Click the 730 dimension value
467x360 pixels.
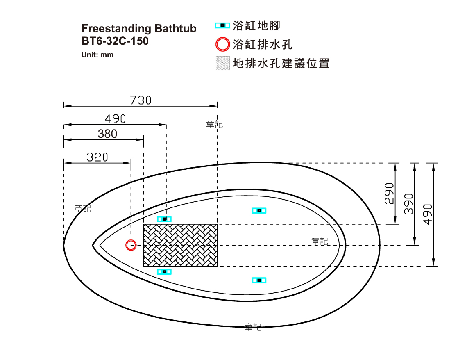click(141, 100)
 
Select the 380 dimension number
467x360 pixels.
click(107, 134)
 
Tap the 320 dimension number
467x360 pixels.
click(97, 157)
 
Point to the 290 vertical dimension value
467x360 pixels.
click(389, 194)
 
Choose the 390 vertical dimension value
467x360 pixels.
click(409, 204)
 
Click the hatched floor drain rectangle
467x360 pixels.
click(181, 245)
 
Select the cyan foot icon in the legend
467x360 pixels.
click(223, 26)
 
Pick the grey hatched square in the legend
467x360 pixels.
click(223, 63)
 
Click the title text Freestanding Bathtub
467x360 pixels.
click(139, 29)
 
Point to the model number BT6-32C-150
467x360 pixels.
click(115, 41)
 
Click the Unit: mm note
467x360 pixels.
click(97, 55)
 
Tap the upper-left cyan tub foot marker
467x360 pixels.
click(164, 219)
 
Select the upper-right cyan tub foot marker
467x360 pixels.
click(259, 211)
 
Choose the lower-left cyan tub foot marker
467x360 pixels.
click(164, 272)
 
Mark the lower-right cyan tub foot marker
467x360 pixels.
click(259, 280)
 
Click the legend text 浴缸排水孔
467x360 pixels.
click(263, 45)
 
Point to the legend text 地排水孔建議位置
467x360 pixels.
click(281, 63)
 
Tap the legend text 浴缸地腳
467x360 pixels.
click(256, 26)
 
